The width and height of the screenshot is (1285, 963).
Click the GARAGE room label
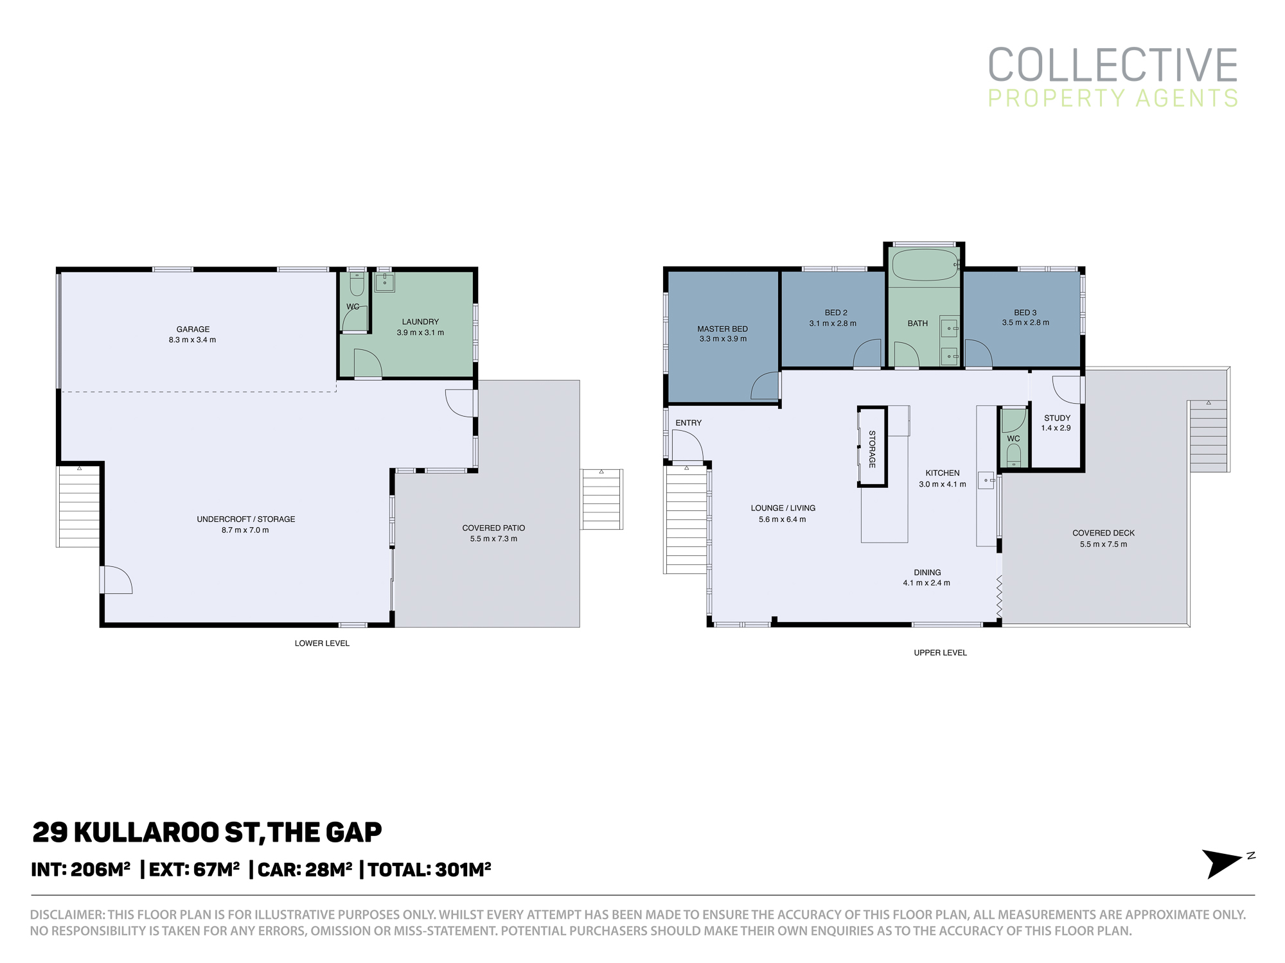tap(193, 329)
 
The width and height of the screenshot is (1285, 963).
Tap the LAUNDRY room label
tap(420, 322)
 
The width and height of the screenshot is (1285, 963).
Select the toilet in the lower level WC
tap(357, 283)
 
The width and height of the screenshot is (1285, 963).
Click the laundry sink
tap(385, 282)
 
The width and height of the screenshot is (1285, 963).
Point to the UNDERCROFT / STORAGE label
tap(246, 519)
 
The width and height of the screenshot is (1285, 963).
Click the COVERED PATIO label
tap(493, 528)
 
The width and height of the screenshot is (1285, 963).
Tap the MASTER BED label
tap(723, 329)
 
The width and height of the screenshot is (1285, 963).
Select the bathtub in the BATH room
tap(925, 265)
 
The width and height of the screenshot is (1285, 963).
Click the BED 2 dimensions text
tap(833, 324)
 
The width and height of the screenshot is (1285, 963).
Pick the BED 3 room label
tap(1025, 313)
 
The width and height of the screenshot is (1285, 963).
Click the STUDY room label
tap(1057, 418)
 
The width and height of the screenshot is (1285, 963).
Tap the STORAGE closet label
tap(872, 449)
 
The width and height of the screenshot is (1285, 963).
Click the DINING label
tap(927, 573)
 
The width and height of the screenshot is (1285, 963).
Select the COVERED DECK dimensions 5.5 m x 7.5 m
tap(1103, 544)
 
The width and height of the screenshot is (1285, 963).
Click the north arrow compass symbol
tap(1224, 863)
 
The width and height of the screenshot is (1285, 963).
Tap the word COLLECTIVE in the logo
tap(1113, 65)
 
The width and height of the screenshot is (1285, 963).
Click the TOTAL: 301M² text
tap(429, 869)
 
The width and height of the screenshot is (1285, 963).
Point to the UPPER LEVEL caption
tap(940, 653)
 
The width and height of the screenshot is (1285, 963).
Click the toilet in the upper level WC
tap(1014, 455)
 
